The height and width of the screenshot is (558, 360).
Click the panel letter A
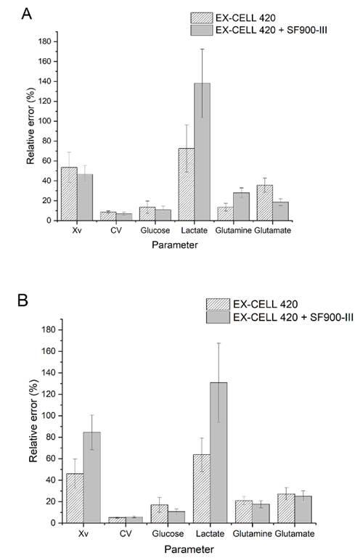(27, 14)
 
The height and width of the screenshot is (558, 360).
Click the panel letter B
(22, 300)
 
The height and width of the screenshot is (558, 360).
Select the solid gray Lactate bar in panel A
(202, 152)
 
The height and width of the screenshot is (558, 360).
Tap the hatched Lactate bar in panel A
(187, 184)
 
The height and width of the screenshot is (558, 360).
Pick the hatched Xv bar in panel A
(69, 194)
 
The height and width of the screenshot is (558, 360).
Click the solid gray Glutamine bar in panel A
(242, 207)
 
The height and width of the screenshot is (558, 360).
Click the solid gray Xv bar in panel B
(92, 477)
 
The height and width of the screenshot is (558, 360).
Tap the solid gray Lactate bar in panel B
(218, 453)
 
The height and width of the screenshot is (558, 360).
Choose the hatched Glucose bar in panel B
(160, 514)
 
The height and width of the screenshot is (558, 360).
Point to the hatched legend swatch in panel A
(202, 18)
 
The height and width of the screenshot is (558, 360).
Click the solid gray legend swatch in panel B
(218, 317)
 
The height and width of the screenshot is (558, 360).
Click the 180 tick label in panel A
(45, 41)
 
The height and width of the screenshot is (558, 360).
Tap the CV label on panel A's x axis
(116, 230)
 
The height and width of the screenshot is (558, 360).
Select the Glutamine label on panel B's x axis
(252, 534)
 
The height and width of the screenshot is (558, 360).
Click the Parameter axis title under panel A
(174, 245)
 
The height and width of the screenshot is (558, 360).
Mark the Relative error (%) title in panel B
(33, 421)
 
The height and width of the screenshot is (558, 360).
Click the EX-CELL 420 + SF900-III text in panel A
(271, 30)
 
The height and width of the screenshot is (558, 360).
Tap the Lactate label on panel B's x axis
(210, 534)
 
